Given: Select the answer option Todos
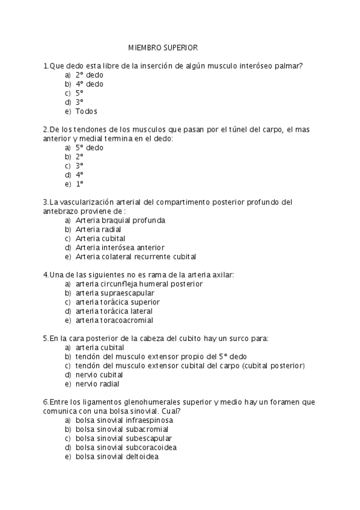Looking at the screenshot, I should coord(86,111).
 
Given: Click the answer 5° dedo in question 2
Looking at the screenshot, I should coord(89,147).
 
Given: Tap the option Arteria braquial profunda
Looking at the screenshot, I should coord(120,220).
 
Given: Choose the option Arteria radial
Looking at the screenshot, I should coord(98,229).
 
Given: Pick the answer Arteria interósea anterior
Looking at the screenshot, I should coord(120,247).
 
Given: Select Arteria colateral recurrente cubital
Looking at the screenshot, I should coord(136,256).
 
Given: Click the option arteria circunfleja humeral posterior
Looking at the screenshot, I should coord(139,283).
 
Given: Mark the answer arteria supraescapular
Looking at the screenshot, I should coord(111,293).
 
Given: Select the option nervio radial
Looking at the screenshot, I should coord(97,384).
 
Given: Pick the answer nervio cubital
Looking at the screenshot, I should coord(99,375).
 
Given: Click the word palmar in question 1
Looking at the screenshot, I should coord(288,66).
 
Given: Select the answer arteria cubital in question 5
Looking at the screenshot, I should coord(100,347).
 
